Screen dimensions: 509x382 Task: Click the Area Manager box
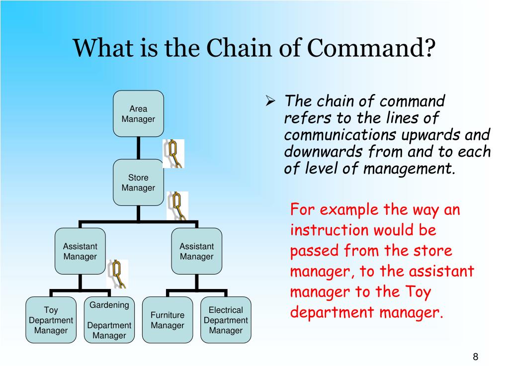(x=138, y=114)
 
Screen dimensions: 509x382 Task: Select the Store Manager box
(x=138, y=183)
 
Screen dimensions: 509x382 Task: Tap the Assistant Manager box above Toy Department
(x=80, y=251)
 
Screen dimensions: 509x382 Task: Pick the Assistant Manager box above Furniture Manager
(x=196, y=251)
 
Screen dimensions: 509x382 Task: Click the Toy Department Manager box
(x=51, y=320)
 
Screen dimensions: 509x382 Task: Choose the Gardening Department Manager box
(x=109, y=320)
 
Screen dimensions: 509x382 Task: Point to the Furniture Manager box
(x=168, y=320)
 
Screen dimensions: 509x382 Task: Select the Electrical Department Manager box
(x=226, y=320)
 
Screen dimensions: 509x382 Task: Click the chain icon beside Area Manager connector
(x=173, y=153)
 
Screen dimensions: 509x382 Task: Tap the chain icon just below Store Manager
(x=177, y=205)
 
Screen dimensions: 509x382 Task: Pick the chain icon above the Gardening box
(x=117, y=274)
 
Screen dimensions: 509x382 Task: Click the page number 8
(x=475, y=357)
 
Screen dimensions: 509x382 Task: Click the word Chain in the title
(x=232, y=49)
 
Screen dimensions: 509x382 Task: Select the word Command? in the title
(x=371, y=49)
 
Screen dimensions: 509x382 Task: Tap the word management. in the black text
(x=409, y=169)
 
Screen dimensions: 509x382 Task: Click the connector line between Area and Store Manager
(x=138, y=148)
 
